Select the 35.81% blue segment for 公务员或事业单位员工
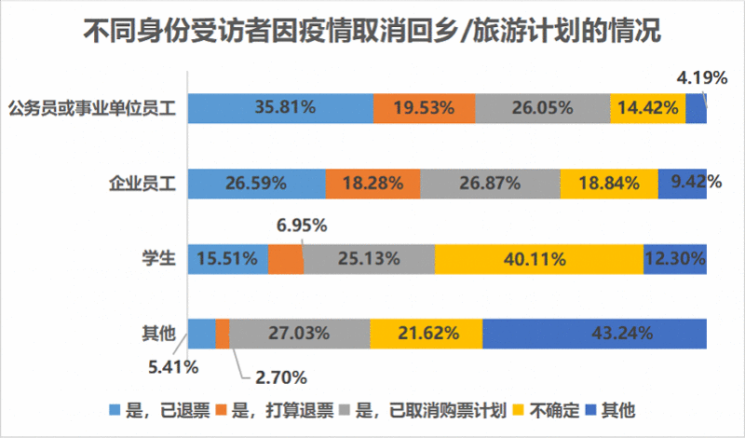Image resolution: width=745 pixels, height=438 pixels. (x=280, y=108)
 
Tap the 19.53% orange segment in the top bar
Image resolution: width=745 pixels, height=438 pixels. (x=424, y=108)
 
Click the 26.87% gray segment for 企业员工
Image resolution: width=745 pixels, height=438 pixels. (x=490, y=183)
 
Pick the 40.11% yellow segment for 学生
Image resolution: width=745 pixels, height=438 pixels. (x=538, y=258)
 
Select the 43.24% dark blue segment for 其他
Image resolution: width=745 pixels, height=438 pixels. (x=594, y=333)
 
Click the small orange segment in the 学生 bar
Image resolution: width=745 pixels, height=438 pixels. (x=286, y=258)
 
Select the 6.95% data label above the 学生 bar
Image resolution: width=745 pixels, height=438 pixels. (x=303, y=226)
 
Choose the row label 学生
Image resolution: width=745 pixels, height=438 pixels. (x=159, y=258)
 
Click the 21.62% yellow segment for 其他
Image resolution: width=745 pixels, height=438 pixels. (x=427, y=333)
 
